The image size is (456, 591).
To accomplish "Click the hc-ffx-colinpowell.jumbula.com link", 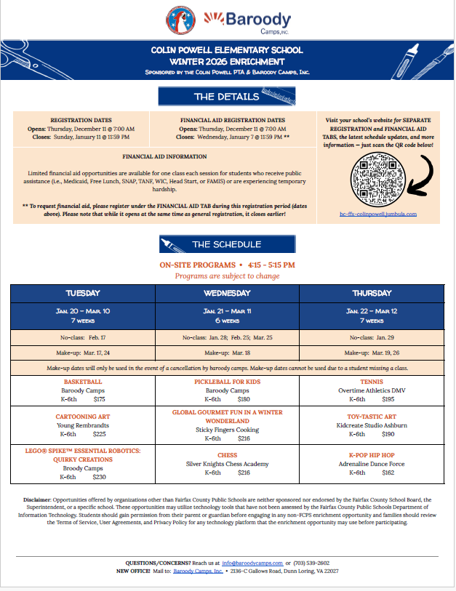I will pos(377,214).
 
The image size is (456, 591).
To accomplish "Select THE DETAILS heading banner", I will pos(227,96).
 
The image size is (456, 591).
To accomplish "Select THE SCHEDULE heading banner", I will pos(227,244).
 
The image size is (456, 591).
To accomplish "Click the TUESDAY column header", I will pos(83,293).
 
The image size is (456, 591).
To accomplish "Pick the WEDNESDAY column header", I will pos(228,293).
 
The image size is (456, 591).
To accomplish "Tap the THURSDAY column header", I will pos(372,293).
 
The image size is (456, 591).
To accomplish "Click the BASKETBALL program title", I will pos(83,381).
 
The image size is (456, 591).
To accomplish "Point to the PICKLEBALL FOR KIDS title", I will pos(228,381).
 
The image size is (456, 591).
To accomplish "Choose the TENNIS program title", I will pos(372,381).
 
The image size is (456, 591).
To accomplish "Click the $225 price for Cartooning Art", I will pos(100,434).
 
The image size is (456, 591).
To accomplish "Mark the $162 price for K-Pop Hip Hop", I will pos(388,473).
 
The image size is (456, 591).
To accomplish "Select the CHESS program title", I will pos(228,454).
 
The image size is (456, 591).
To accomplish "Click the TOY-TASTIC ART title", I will pos(372,416).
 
